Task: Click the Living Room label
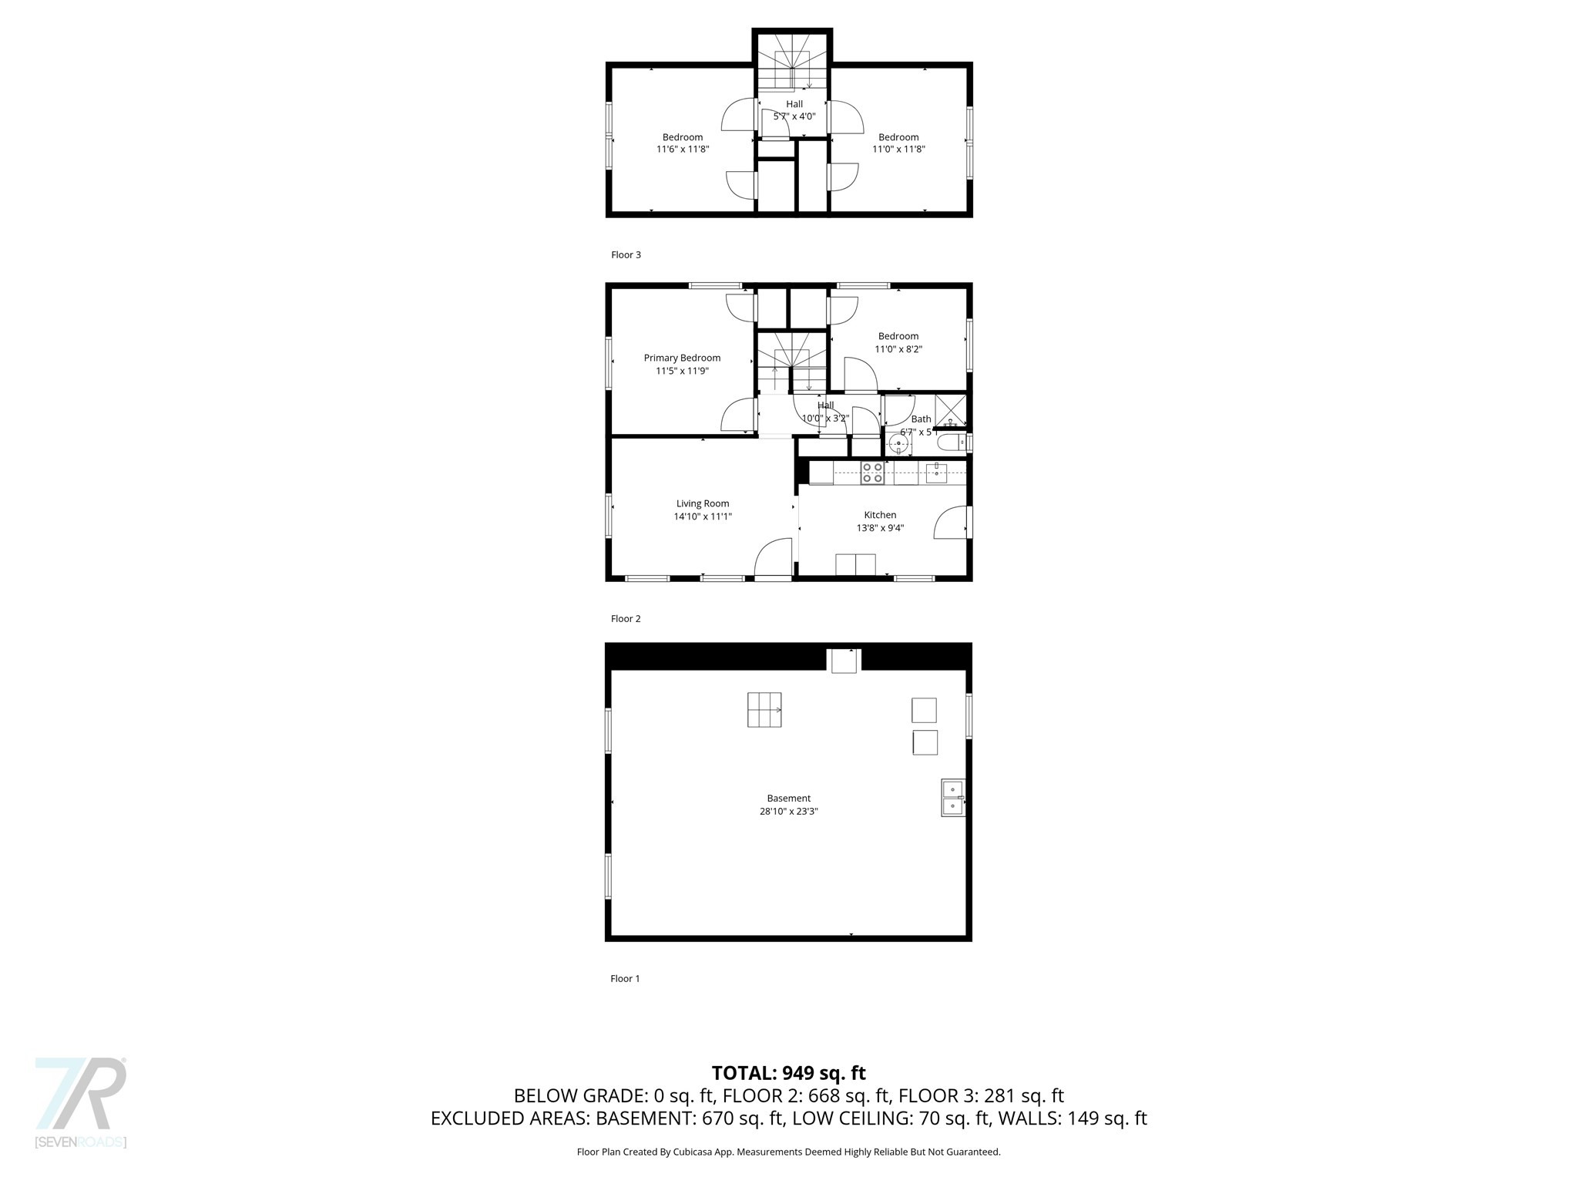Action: (702, 503)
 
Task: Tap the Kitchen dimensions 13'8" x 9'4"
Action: (880, 528)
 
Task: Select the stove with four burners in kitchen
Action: (871, 473)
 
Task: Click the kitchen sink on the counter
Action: (936, 472)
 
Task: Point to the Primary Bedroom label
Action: (682, 358)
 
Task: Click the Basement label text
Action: (788, 799)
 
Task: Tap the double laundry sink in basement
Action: (952, 798)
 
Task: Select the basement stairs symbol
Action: (764, 709)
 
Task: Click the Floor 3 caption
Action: (626, 255)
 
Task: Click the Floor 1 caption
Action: (625, 979)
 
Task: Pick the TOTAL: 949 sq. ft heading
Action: (788, 1073)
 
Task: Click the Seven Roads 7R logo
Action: (81, 1102)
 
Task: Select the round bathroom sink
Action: (898, 443)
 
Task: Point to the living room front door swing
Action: (773, 557)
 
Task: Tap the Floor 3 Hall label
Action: (794, 104)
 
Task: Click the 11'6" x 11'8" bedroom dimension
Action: (682, 150)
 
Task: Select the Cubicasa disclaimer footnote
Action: (788, 1152)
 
